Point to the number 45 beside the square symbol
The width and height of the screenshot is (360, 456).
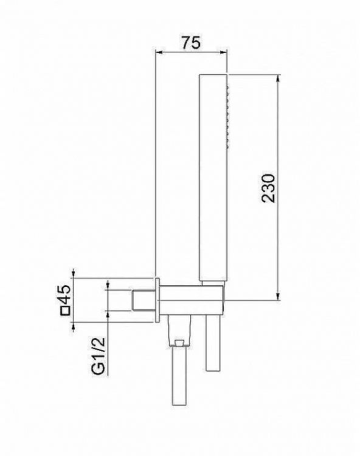pyautogui.click(x=66, y=294)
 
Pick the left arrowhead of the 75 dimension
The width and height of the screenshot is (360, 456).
pyautogui.click(x=160, y=52)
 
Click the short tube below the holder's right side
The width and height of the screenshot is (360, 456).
pyautogui.click(x=213, y=344)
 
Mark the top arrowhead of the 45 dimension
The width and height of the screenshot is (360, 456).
pyautogui.click(x=74, y=274)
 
